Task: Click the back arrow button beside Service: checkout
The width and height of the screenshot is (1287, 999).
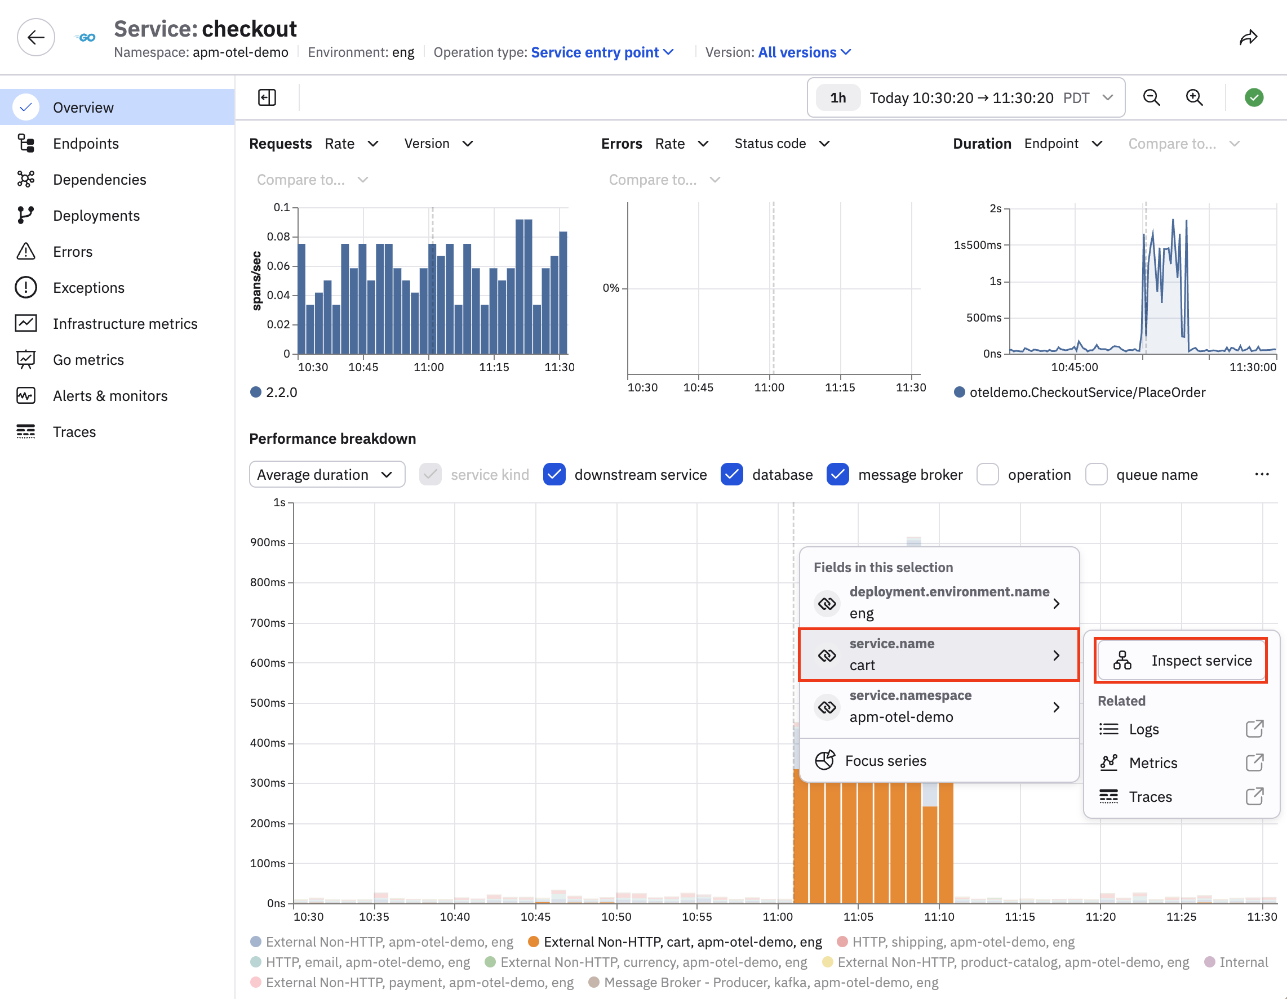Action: pos(36,38)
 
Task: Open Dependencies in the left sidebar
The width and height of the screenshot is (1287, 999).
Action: pos(99,180)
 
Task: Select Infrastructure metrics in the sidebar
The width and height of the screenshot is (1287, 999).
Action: pos(125,324)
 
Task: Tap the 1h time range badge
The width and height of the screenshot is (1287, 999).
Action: pos(838,98)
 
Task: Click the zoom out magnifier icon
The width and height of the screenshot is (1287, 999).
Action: pos(1151,98)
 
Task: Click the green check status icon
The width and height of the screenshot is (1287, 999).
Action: pos(1254,98)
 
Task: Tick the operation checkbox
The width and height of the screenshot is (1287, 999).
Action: pos(988,475)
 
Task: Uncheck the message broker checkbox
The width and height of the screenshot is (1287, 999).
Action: pos(837,475)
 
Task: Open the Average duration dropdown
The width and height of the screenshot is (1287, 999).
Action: pos(327,475)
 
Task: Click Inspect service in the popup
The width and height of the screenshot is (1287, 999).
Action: pos(1181,661)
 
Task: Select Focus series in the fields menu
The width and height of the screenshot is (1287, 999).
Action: pos(886,761)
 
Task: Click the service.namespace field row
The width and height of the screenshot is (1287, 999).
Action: pos(939,706)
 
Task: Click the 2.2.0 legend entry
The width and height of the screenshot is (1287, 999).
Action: pos(274,393)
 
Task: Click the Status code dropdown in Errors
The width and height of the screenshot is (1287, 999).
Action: pos(782,144)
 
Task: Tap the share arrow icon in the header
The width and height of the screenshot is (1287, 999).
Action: pos(1248,38)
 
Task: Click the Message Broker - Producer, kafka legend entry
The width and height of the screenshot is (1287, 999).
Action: pos(764,983)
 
